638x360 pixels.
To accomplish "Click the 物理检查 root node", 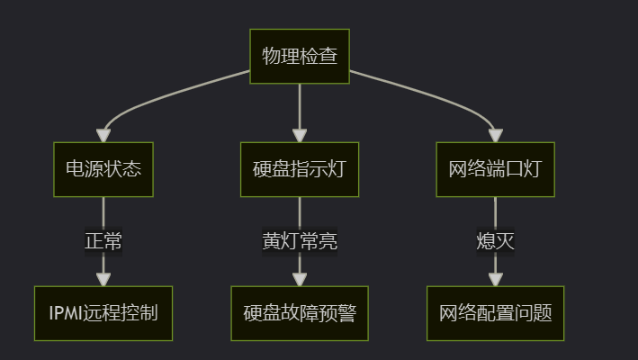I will (300, 57).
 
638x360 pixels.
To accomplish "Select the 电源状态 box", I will (103, 169).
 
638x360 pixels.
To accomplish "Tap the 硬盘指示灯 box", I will (300, 169).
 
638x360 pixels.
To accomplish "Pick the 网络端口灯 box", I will (495, 169).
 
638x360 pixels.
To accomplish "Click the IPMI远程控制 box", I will (103, 313).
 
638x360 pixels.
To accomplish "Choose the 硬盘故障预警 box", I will (300, 313).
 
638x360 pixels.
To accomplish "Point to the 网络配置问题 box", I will (495, 313).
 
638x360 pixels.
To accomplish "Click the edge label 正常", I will (103, 241).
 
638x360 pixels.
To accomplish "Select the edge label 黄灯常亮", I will (300, 241).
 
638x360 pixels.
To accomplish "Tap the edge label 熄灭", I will (495, 241).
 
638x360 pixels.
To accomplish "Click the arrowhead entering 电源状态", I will (103, 135).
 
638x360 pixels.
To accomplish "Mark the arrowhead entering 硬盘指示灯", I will (300, 135).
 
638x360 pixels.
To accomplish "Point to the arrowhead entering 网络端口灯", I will (495, 135).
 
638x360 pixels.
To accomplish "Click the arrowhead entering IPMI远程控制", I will (103, 279).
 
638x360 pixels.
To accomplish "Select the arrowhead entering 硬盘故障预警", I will (300, 279).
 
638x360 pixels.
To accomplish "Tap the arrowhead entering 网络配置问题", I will (495, 279).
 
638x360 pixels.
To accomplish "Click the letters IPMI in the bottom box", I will (66, 313).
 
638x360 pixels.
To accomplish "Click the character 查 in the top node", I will (328, 57).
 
